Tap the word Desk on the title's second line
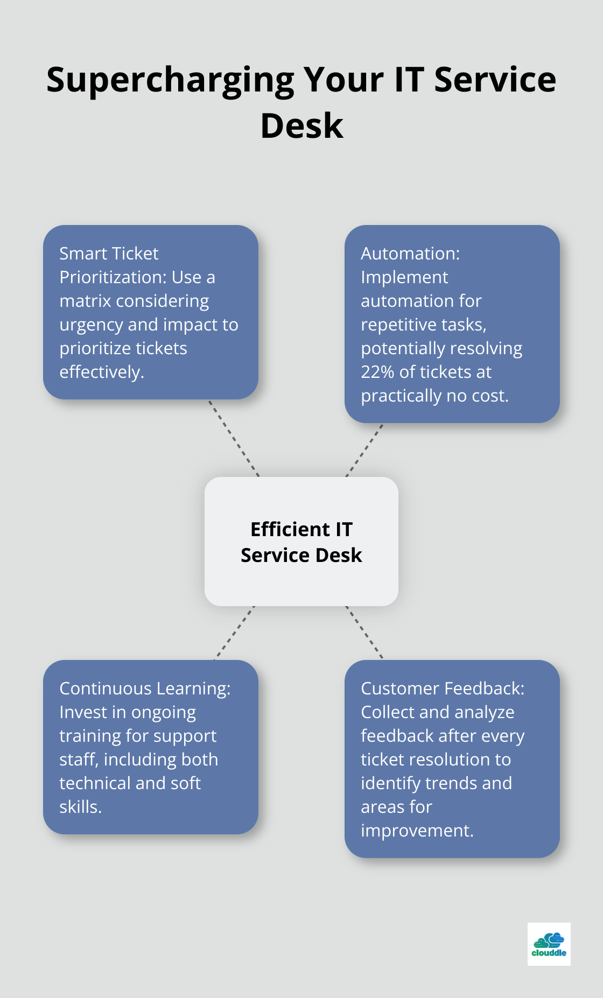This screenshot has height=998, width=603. (301, 126)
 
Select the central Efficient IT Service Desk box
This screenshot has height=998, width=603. (301, 542)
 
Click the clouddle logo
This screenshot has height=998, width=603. (549, 944)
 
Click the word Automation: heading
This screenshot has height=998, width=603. (410, 254)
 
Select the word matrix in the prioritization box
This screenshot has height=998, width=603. (85, 301)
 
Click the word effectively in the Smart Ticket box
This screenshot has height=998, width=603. (101, 372)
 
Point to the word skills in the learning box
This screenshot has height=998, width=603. (80, 807)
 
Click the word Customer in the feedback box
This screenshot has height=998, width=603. (399, 688)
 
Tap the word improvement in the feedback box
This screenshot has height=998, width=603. (417, 831)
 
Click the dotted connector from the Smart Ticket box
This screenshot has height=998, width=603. (234, 438)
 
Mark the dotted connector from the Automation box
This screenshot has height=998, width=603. (364, 450)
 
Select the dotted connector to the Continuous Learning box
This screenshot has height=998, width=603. (234, 633)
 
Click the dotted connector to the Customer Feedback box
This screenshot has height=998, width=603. (364, 633)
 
